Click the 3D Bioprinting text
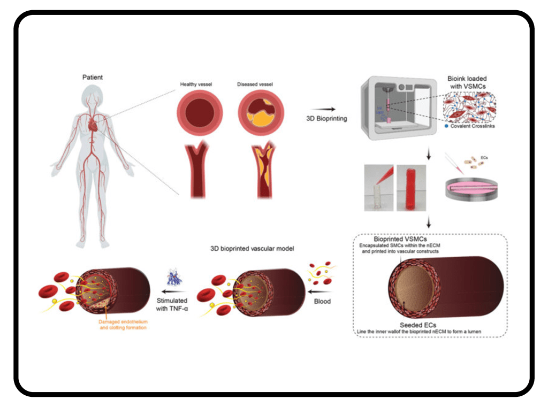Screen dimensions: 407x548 [326, 118]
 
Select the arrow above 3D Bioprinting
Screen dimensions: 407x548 [327, 109]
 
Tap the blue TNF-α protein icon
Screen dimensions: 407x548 [173, 277]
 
